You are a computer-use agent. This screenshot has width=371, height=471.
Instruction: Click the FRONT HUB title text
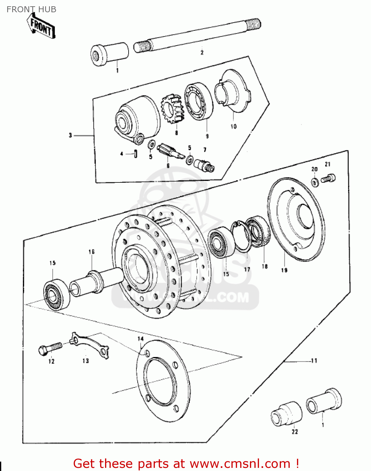(x=31, y=9)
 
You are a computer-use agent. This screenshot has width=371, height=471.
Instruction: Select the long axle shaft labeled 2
(x=198, y=35)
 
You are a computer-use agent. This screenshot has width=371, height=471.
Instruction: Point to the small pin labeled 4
(x=135, y=154)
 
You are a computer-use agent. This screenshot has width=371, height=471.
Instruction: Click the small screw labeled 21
(x=328, y=179)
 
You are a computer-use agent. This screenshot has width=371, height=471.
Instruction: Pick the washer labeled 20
(x=315, y=182)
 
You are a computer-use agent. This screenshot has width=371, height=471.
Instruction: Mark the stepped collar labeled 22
(x=286, y=414)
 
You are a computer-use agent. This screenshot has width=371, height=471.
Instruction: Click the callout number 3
(x=70, y=135)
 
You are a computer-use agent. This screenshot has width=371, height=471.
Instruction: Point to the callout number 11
(x=314, y=361)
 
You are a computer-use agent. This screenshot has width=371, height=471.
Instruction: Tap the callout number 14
(x=140, y=339)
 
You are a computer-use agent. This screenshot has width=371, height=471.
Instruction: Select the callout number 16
(x=91, y=252)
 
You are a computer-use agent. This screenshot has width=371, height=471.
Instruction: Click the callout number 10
(x=234, y=127)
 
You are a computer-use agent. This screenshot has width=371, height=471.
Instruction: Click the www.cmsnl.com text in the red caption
(x=240, y=463)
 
